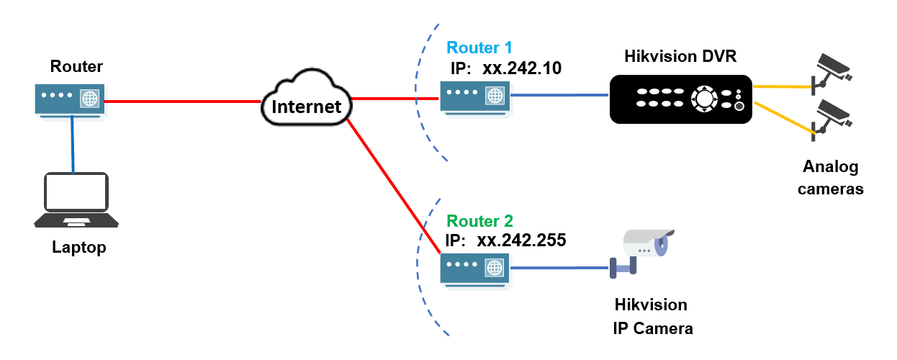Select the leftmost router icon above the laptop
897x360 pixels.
tap(70, 100)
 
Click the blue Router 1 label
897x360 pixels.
tap(479, 48)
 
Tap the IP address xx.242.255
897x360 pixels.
tap(525, 240)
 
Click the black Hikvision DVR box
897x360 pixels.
tap(680, 99)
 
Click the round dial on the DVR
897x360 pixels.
tap(703, 99)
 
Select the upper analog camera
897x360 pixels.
tap(833, 68)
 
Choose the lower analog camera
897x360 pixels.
tap(833, 115)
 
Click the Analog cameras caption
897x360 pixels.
tap(831, 179)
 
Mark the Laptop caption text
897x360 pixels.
tap(79, 248)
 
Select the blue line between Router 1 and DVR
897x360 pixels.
tap(561, 94)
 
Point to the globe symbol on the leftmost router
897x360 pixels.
tap(89, 98)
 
